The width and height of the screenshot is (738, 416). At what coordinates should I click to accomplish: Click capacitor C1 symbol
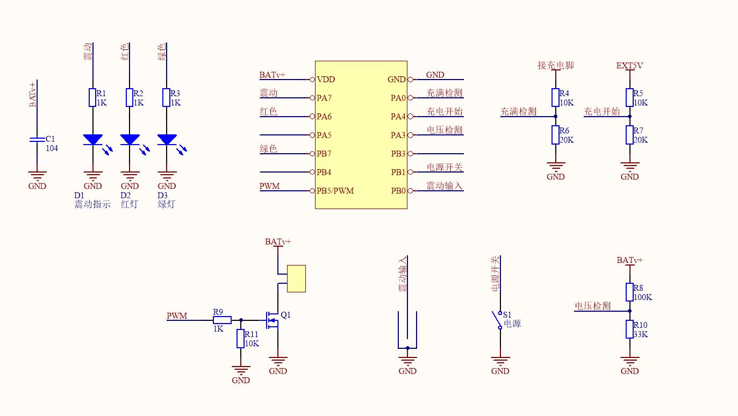(37, 140)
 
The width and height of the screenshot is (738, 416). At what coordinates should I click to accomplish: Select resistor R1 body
(92, 98)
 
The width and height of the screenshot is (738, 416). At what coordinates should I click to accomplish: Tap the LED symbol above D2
(130, 140)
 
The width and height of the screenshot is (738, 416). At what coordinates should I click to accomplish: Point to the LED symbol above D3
(167, 140)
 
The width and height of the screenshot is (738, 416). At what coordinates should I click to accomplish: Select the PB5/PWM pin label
(335, 191)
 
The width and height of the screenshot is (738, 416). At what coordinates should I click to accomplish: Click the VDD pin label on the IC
(326, 80)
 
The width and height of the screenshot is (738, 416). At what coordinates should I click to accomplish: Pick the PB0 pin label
(398, 191)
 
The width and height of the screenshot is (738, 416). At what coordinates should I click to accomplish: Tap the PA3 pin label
(398, 135)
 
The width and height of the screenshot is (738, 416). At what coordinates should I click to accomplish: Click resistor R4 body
(555, 98)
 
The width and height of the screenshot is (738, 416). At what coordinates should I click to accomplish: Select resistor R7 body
(629, 135)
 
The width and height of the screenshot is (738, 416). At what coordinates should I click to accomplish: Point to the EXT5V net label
(629, 66)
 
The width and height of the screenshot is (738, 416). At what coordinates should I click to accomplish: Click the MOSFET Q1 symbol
(273, 320)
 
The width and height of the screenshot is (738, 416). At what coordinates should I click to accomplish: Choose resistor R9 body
(222, 320)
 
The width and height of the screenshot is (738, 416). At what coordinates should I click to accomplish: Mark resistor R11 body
(240, 339)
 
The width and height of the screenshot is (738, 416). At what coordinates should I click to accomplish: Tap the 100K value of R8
(643, 297)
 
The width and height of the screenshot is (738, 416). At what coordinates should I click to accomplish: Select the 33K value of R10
(640, 334)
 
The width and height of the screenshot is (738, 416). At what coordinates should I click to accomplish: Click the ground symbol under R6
(555, 167)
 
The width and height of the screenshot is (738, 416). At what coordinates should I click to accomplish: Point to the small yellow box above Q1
(296, 278)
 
